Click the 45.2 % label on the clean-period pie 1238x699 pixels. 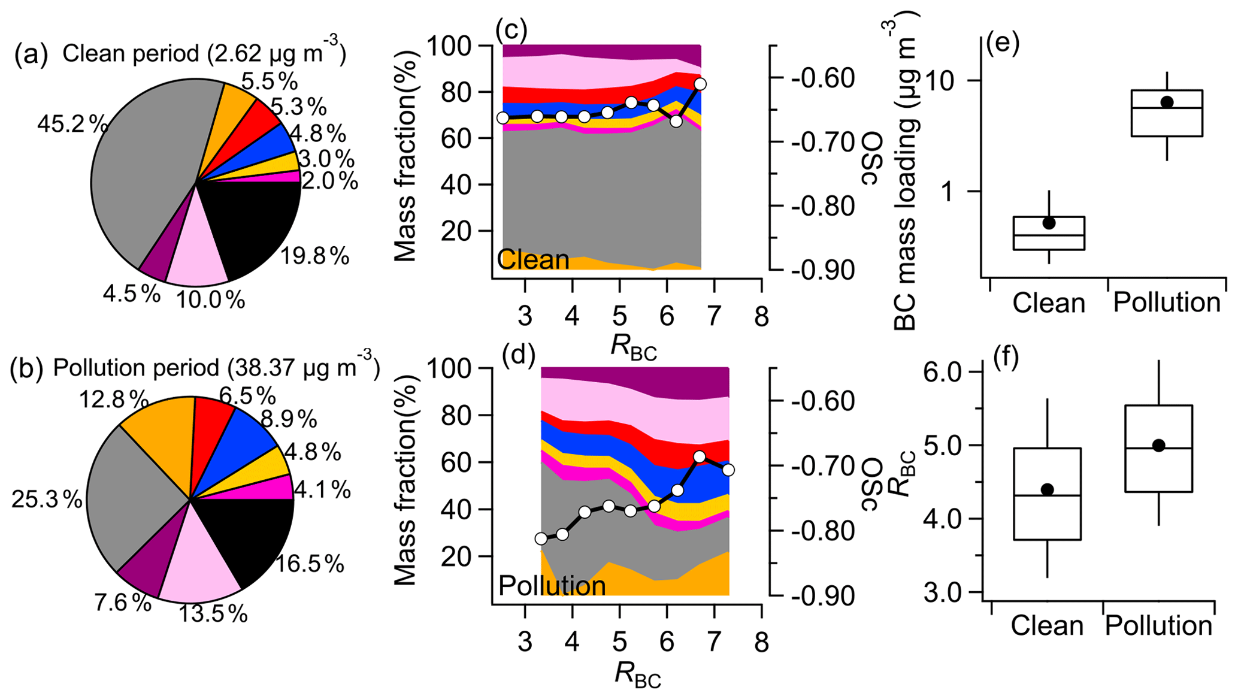(72, 125)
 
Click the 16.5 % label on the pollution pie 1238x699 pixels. (310, 564)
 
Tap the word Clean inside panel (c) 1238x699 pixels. (533, 260)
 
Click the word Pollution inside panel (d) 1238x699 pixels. (552, 585)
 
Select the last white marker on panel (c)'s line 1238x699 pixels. (700, 84)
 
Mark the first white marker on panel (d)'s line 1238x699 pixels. (541, 538)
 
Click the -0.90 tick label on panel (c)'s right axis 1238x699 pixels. (822, 271)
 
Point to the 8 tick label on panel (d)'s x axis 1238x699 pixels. (761, 643)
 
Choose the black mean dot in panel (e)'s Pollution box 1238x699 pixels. (1167, 102)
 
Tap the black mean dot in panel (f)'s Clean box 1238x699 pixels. (1047, 489)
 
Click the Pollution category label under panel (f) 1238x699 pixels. (1158, 626)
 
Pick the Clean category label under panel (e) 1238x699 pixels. (1049, 303)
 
